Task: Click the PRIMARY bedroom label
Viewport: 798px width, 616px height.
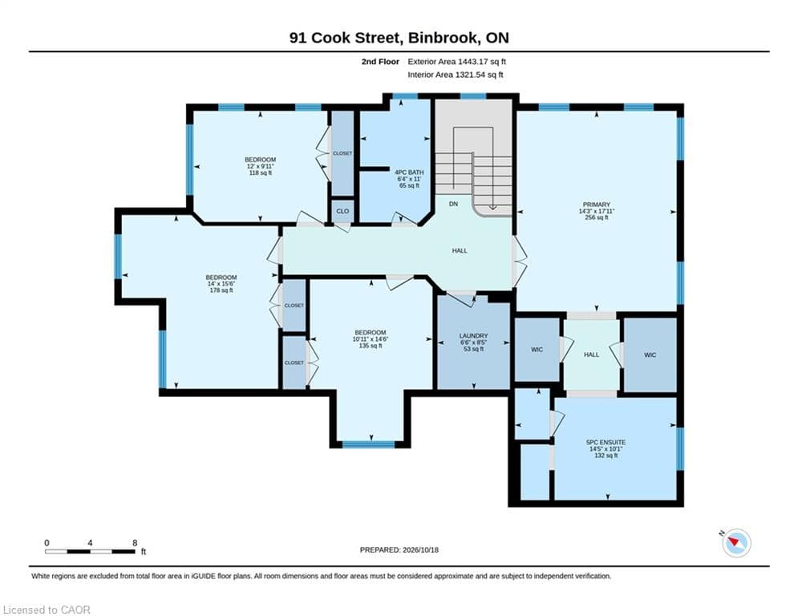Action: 597,205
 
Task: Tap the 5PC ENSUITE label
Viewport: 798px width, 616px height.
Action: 606,443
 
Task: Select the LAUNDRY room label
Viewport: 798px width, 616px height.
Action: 473,336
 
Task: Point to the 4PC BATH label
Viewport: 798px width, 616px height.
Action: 409,172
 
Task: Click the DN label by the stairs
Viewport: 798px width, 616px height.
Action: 453,205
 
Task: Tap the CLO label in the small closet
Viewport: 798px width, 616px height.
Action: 342,211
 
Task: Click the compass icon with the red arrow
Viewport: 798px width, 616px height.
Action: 736,543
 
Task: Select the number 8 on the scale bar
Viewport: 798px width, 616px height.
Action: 135,543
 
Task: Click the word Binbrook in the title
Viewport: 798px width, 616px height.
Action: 444,38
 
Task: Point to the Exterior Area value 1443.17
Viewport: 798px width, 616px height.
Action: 473,62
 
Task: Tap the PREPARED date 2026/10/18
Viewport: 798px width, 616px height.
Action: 420,549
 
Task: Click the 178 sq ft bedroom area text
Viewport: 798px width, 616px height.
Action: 221,290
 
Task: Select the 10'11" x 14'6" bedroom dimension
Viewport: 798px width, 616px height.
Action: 371,339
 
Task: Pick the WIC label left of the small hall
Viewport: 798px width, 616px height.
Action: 537,350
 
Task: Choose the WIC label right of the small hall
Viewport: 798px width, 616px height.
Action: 650,355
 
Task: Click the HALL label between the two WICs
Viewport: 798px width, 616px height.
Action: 591,355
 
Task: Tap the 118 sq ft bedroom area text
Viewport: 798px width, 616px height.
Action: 260,172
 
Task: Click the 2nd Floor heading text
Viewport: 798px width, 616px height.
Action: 380,62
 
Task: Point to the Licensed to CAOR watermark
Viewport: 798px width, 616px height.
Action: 47,610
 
